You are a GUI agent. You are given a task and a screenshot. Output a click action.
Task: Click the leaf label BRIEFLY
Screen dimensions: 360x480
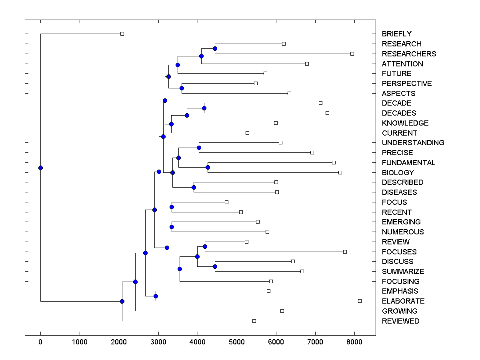pyautogui.click(x=396, y=34)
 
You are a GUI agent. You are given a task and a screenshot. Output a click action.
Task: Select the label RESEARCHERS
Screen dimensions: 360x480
pyautogui.click(x=409, y=54)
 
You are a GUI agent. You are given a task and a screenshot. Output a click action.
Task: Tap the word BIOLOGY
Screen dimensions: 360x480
pyautogui.click(x=398, y=173)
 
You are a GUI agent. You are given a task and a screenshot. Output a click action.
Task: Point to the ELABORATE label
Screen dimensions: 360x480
pyautogui.click(x=403, y=301)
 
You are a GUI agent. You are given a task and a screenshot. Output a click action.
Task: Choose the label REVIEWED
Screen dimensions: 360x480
pyautogui.click(x=400, y=321)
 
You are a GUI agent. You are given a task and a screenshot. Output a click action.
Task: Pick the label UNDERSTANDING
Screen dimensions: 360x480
pyautogui.click(x=413, y=143)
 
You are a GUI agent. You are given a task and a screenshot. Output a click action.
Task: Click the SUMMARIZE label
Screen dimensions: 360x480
pyautogui.click(x=403, y=272)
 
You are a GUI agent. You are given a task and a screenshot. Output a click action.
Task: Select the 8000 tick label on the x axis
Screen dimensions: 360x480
pyautogui.click(x=354, y=342)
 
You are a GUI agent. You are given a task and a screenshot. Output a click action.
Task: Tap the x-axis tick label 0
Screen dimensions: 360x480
pyautogui.click(x=40, y=342)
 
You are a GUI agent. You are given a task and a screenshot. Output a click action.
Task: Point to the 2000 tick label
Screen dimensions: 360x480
pyautogui.click(x=119, y=342)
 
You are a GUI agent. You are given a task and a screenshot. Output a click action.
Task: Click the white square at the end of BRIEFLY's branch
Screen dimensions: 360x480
pyautogui.click(x=122, y=34)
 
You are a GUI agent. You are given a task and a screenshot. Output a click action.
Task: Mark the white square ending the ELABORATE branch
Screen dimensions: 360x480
pyautogui.click(x=360, y=301)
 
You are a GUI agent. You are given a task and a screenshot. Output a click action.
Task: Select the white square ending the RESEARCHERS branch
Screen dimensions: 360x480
pyautogui.click(x=352, y=54)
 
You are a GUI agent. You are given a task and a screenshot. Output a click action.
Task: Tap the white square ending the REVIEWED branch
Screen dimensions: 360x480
pyautogui.click(x=254, y=321)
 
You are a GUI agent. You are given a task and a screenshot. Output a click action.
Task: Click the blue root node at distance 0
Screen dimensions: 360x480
pyautogui.click(x=40, y=168)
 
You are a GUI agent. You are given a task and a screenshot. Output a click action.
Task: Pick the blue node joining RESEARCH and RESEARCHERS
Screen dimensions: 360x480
pyautogui.click(x=215, y=48)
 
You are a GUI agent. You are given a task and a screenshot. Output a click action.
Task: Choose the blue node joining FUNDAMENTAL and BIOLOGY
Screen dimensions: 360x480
pyautogui.click(x=208, y=167)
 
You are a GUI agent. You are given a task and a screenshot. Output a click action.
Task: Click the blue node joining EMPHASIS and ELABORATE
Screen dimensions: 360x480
pyautogui.click(x=156, y=296)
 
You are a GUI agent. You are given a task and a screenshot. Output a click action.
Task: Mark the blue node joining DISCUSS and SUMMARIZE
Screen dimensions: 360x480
pyautogui.click(x=215, y=266)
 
